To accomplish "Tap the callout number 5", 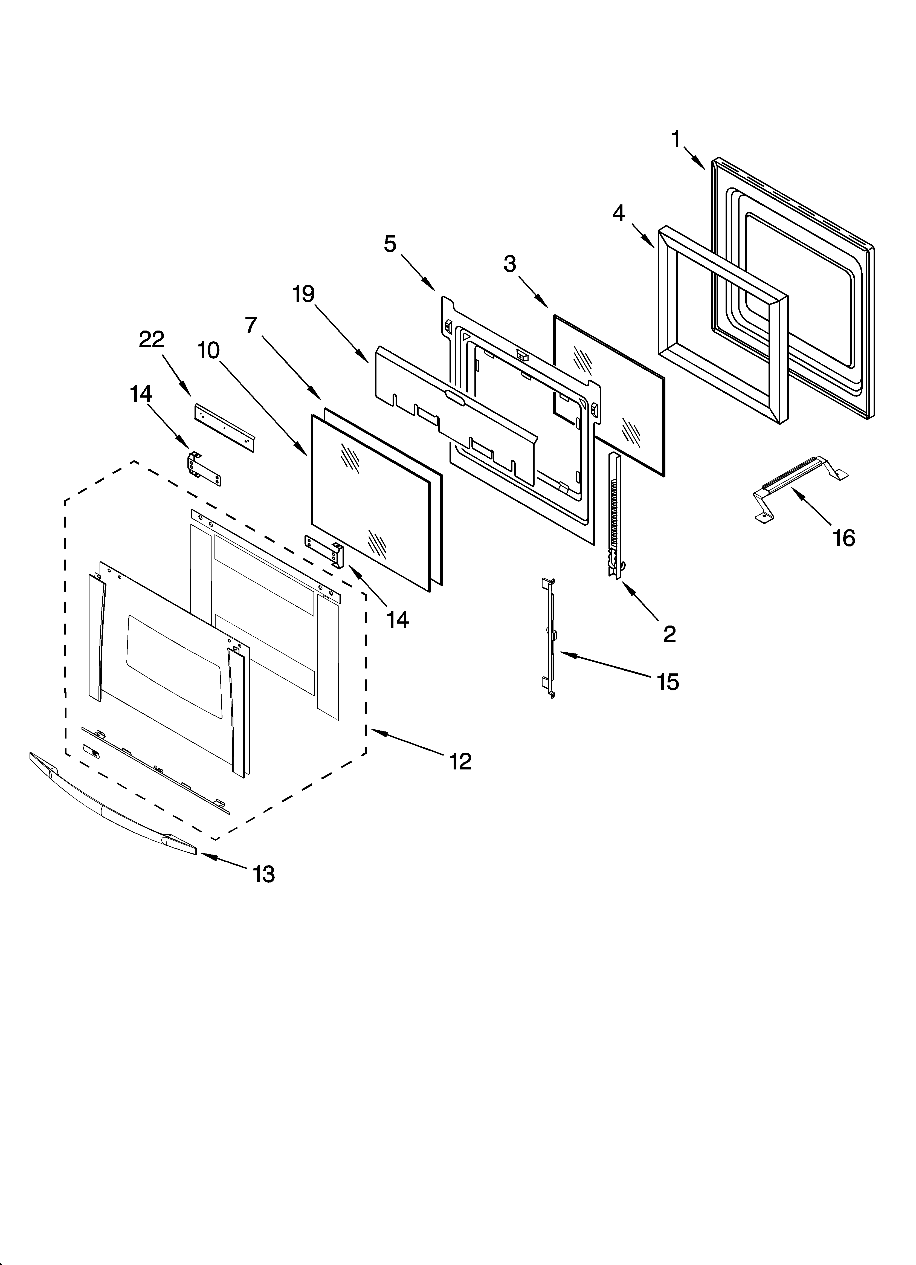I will point(390,244).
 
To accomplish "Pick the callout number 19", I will point(304,294).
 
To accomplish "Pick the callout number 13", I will point(263,874).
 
